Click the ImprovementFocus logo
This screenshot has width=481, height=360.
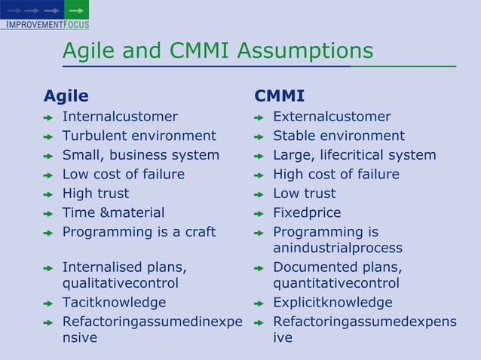click(x=44, y=16)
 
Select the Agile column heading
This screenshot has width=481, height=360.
click(x=66, y=96)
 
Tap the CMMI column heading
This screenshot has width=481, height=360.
click(x=280, y=96)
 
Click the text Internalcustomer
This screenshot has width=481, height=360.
click(x=120, y=117)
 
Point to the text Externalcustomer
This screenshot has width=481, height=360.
click(x=332, y=117)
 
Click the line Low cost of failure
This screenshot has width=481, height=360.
click(x=123, y=175)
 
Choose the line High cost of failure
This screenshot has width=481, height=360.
click(x=336, y=175)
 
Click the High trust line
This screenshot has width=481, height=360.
click(x=96, y=194)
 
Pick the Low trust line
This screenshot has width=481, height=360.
click(x=305, y=194)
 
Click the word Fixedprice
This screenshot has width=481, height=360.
click(x=307, y=213)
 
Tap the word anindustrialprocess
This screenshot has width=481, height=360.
click(x=338, y=248)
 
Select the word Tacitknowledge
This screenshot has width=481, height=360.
click(x=114, y=303)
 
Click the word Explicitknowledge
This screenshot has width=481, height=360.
click(x=332, y=303)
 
